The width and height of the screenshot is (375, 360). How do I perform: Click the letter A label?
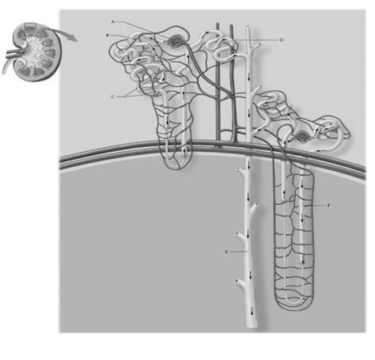tap(114, 22)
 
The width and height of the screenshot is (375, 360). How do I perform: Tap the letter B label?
tap(107, 36)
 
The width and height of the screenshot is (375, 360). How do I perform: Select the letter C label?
tap(114, 96)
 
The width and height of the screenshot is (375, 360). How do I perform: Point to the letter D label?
tap(282, 39)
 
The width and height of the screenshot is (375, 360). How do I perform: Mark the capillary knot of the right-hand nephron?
tap(306, 136)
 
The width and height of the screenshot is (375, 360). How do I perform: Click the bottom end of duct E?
tap(252, 326)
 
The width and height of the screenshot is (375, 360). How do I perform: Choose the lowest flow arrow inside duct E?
tap(252, 311)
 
